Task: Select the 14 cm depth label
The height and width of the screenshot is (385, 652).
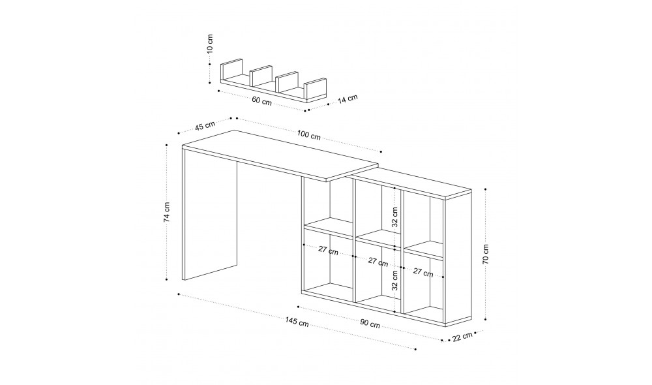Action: tap(348, 99)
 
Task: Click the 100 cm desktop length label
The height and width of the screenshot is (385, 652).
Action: tap(308, 136)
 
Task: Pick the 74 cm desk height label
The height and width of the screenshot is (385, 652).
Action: tap(168, 211)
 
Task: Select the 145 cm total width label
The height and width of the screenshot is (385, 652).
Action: tap(297, 320)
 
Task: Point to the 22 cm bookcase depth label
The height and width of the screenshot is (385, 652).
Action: tap(462, 337)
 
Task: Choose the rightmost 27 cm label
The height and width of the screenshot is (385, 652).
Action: tap(423, 273)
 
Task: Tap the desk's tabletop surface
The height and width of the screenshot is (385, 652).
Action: tap(280, 154)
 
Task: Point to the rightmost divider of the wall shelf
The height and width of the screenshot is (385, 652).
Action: tap(316, 89)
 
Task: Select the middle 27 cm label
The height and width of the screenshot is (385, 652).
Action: tap(378, 262)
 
